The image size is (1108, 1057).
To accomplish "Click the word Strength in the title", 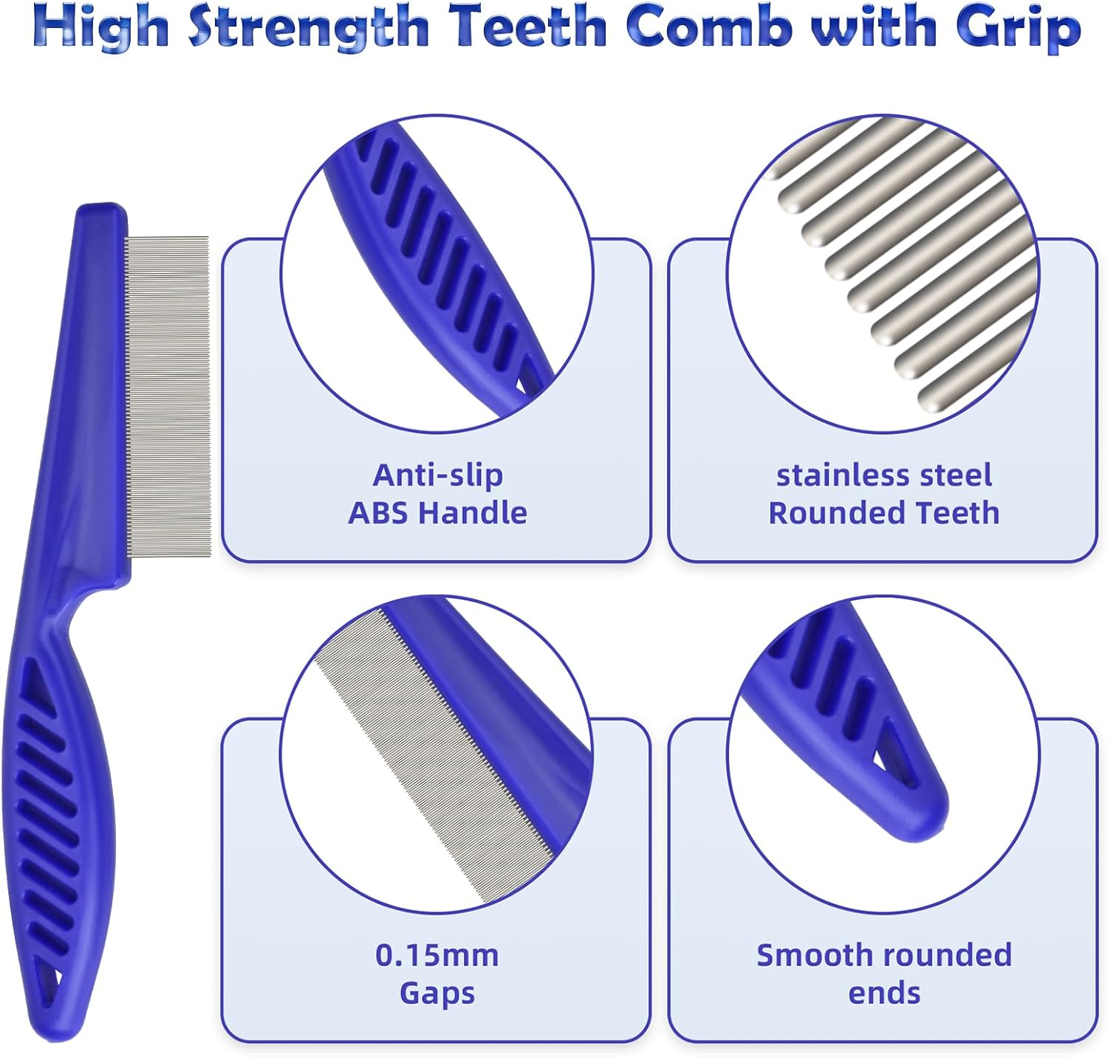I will (309, 28).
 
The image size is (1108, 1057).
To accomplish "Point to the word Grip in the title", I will (1018, 28).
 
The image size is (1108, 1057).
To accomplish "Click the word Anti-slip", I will (437, 475).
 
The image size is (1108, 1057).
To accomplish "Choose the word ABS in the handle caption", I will (376, 513).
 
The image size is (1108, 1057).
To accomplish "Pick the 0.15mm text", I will (437, 955).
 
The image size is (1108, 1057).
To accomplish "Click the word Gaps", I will (437, 993).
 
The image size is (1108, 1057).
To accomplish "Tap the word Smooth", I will (808, 955).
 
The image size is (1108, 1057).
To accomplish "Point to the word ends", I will (884, 993).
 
